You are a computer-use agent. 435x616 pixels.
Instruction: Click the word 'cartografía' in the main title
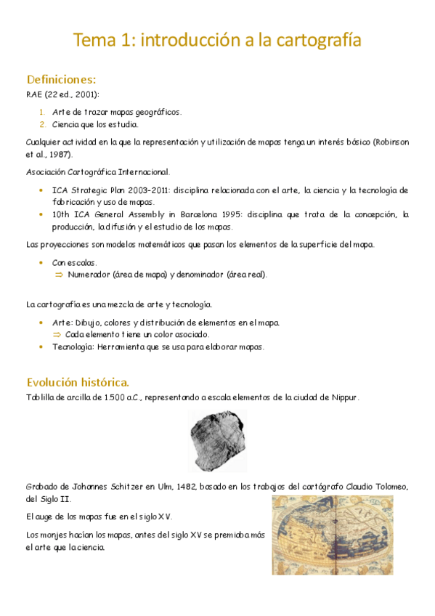point(320,41)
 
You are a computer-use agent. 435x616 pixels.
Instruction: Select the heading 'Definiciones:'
point(61,79)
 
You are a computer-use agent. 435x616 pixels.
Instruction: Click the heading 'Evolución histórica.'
point(78,382)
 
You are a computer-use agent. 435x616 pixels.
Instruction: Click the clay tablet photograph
point(216,440)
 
